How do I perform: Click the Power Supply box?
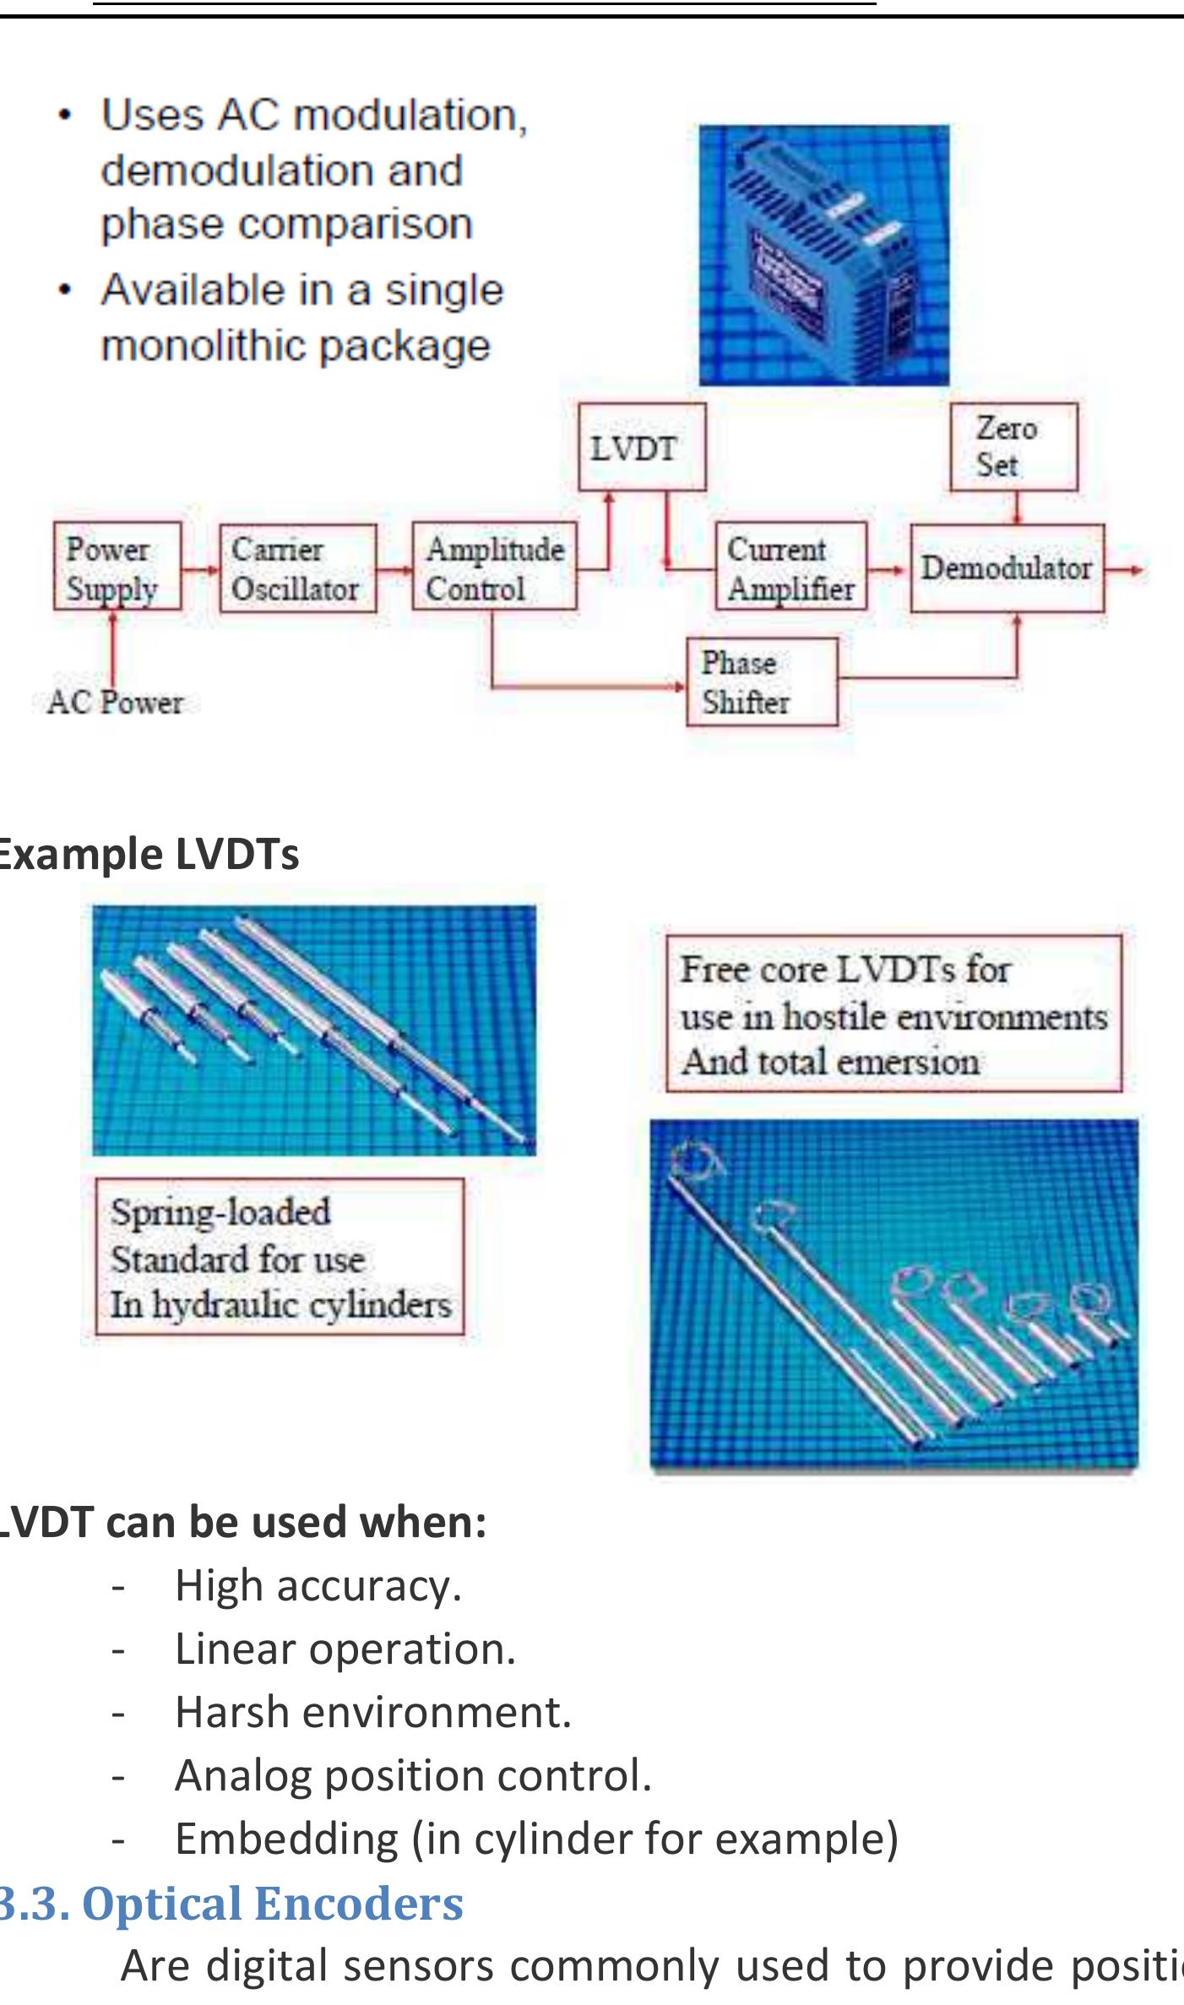pyautogui.click(x=117, y=565)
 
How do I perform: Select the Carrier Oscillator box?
pyautogui.click(x=297, y=567)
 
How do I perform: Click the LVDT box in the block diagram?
pyautogui.click(x=641, y=447)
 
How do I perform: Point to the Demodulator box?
pyautogui.click(x=1007, y=568)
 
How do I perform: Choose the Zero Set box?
pyautogui.click(x=1013, y=447)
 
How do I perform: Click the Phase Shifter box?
pyautogui.click(x=762, y=682)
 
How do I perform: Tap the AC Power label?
pyautogui.click(x=116, y=702)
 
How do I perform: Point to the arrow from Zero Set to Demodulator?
pyautogui.click(x=1018, y=507)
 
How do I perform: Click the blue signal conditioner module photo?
pyautogui.click(x=823, y=255)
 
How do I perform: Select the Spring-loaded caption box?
pyautogui.click(x=280, y=1257)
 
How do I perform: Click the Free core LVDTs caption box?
pyautogui.click(x=893, y=1013)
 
